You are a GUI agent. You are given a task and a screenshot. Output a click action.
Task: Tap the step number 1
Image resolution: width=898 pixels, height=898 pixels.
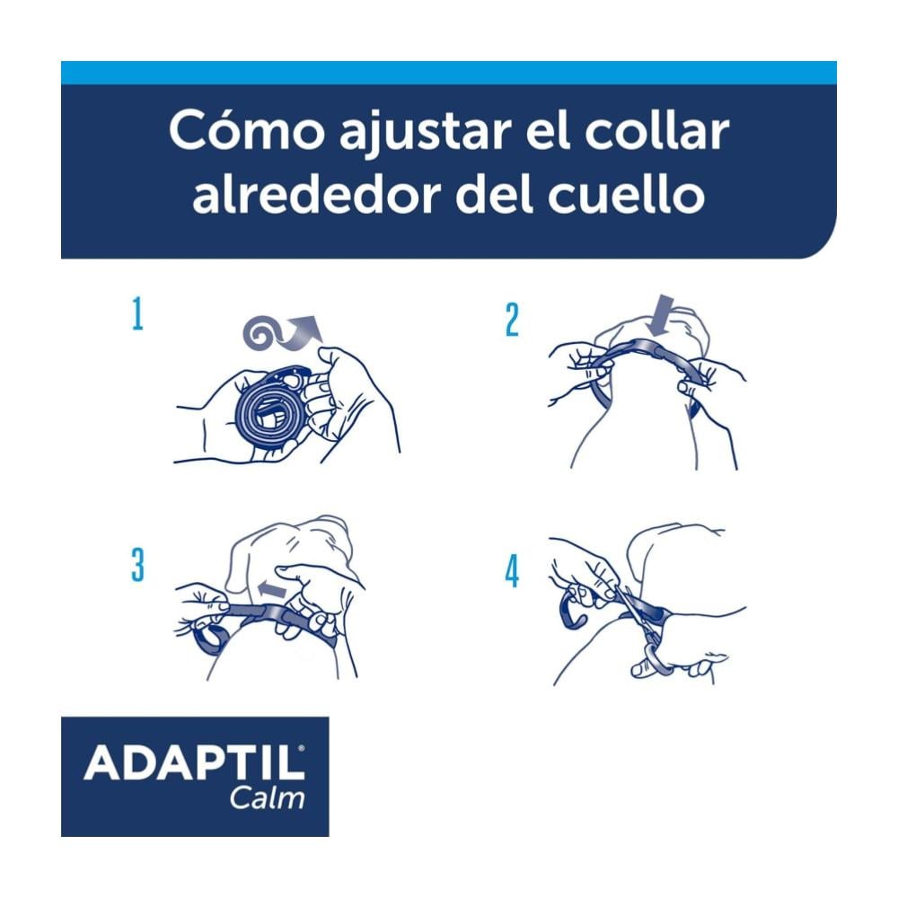point(137,313)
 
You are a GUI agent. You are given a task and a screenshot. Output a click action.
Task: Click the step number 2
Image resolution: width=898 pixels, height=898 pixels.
point(512,320)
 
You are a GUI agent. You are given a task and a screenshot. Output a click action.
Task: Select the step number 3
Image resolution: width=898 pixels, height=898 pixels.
point(137,565)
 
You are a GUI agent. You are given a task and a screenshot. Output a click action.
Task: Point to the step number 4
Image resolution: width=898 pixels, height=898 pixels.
point(512,571)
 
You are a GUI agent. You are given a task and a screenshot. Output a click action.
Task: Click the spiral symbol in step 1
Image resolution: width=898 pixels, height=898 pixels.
point(261,333)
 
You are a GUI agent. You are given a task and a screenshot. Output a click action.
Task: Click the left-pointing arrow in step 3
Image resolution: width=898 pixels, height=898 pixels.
point(272,588)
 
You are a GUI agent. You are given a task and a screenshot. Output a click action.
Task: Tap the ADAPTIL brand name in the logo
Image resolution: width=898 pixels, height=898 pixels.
point(195,762)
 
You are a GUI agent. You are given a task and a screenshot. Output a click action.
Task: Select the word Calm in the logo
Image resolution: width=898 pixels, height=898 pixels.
point(268,797)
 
